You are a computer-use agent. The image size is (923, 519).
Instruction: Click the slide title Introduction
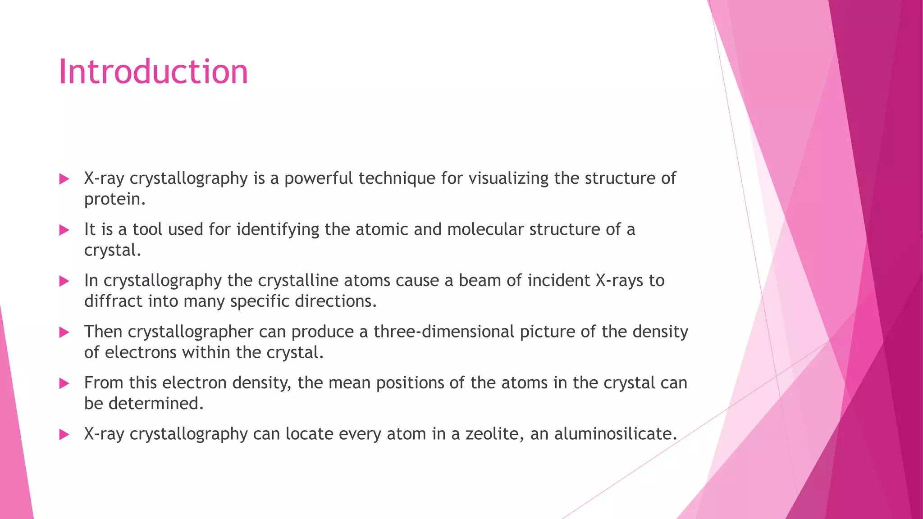153,72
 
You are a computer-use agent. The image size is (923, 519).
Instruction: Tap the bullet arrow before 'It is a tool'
64,230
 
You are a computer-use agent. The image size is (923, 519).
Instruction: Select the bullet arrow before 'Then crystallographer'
64,332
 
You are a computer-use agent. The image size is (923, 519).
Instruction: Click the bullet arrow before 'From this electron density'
64,384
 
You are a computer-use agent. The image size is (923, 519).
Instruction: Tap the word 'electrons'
141,352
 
